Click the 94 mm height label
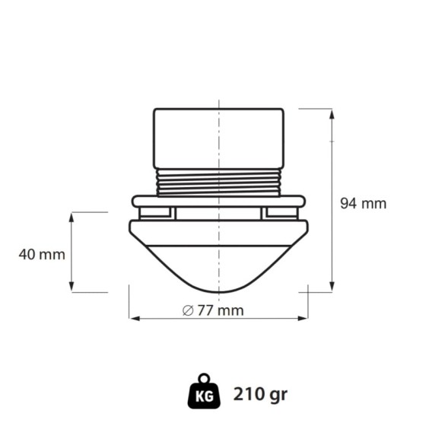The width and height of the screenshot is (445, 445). (363, 204)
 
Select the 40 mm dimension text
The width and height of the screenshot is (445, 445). (42, 254)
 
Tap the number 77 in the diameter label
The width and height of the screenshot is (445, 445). (205, 310)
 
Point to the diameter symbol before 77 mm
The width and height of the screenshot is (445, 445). (187, 310)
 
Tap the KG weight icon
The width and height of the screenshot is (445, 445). (204, 392)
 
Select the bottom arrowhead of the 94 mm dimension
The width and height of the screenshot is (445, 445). (331, 287)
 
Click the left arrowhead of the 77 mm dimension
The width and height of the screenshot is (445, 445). (135, 318)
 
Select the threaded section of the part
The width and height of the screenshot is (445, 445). (218, 182)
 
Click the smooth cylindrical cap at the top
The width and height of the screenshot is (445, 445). (218, 138)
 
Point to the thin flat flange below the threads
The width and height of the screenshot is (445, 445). (218, 202)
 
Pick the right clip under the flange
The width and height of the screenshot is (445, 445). (279, 214)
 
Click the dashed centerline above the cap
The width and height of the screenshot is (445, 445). (219, 101)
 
